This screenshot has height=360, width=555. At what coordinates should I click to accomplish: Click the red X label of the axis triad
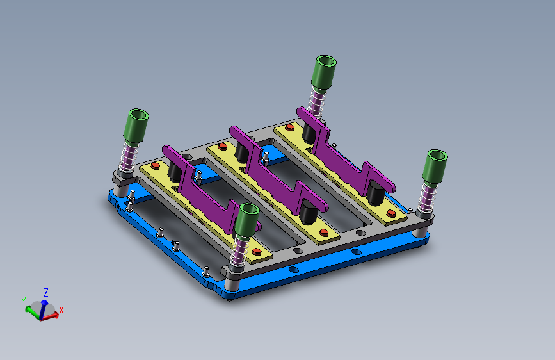pos(61,310)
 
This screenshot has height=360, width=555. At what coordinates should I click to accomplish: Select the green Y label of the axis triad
pos(24,301)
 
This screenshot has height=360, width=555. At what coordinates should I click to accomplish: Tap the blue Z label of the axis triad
pos(46,292)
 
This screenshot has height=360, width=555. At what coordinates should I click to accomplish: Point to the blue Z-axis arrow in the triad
pos(43,309)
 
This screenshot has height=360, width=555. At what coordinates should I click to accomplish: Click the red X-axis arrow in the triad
pos(51,316)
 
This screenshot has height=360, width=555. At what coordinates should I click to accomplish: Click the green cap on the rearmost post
pos(324,73)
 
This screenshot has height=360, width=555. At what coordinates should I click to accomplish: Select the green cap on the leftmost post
pos(136,126)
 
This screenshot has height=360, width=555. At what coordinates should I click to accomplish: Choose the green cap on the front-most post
pos(246,221)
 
